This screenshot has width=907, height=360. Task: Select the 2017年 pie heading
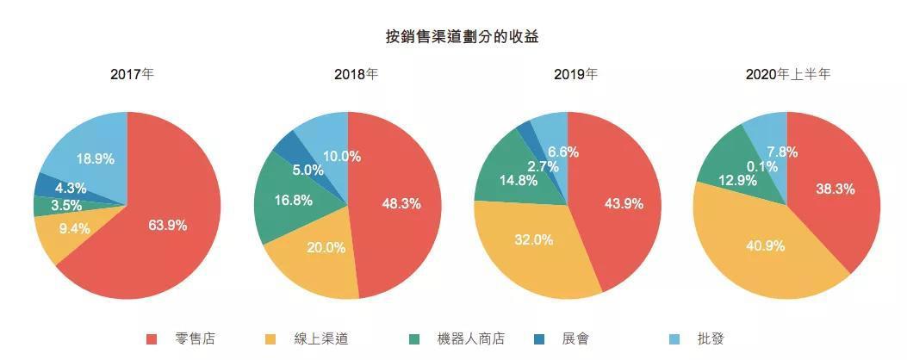coord(132,74)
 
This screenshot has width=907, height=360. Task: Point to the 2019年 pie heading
coord(575,74)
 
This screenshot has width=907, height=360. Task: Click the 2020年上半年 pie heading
coord(787,74)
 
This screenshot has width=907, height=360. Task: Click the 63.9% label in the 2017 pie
coord(167,225)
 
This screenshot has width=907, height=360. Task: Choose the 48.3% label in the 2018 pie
coord(401,204)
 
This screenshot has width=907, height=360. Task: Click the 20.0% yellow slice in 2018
coord(326,248)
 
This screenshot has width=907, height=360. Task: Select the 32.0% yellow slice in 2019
coord(534,240)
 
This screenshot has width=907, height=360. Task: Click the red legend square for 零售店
coord(152,338)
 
